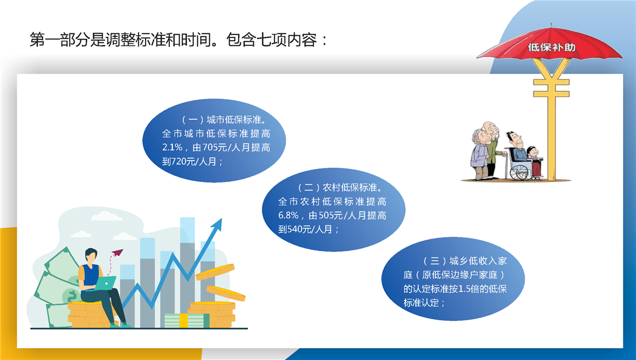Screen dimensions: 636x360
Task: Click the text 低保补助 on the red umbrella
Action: [552, 48]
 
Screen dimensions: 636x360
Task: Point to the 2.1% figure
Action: [172, 148]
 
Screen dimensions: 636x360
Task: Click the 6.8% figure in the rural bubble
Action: [289, 215]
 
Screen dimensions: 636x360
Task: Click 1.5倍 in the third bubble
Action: [468, 289]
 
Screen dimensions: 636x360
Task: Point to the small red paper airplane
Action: [117, 252]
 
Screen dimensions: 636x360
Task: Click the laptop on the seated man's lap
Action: [105, 283]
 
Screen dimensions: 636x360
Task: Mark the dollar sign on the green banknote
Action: [73, 295]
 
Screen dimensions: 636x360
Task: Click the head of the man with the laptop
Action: [91, 256]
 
